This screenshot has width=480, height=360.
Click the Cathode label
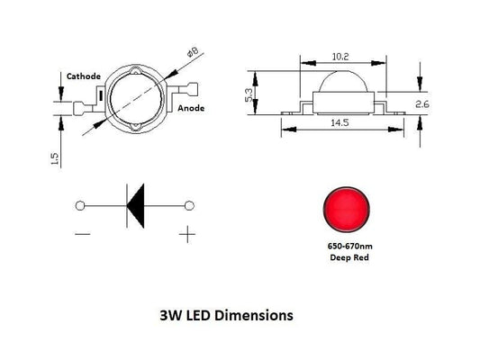click(x=83, y=76)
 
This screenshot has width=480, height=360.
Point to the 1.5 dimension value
click(x=55, y=158)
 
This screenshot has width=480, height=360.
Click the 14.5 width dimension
click(x=340, y=121)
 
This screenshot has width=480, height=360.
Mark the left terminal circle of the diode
click(x=81, y=206)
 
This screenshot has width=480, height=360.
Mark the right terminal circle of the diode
click(x=189, y=206)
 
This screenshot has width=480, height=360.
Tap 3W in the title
click(x=168, y=317)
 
